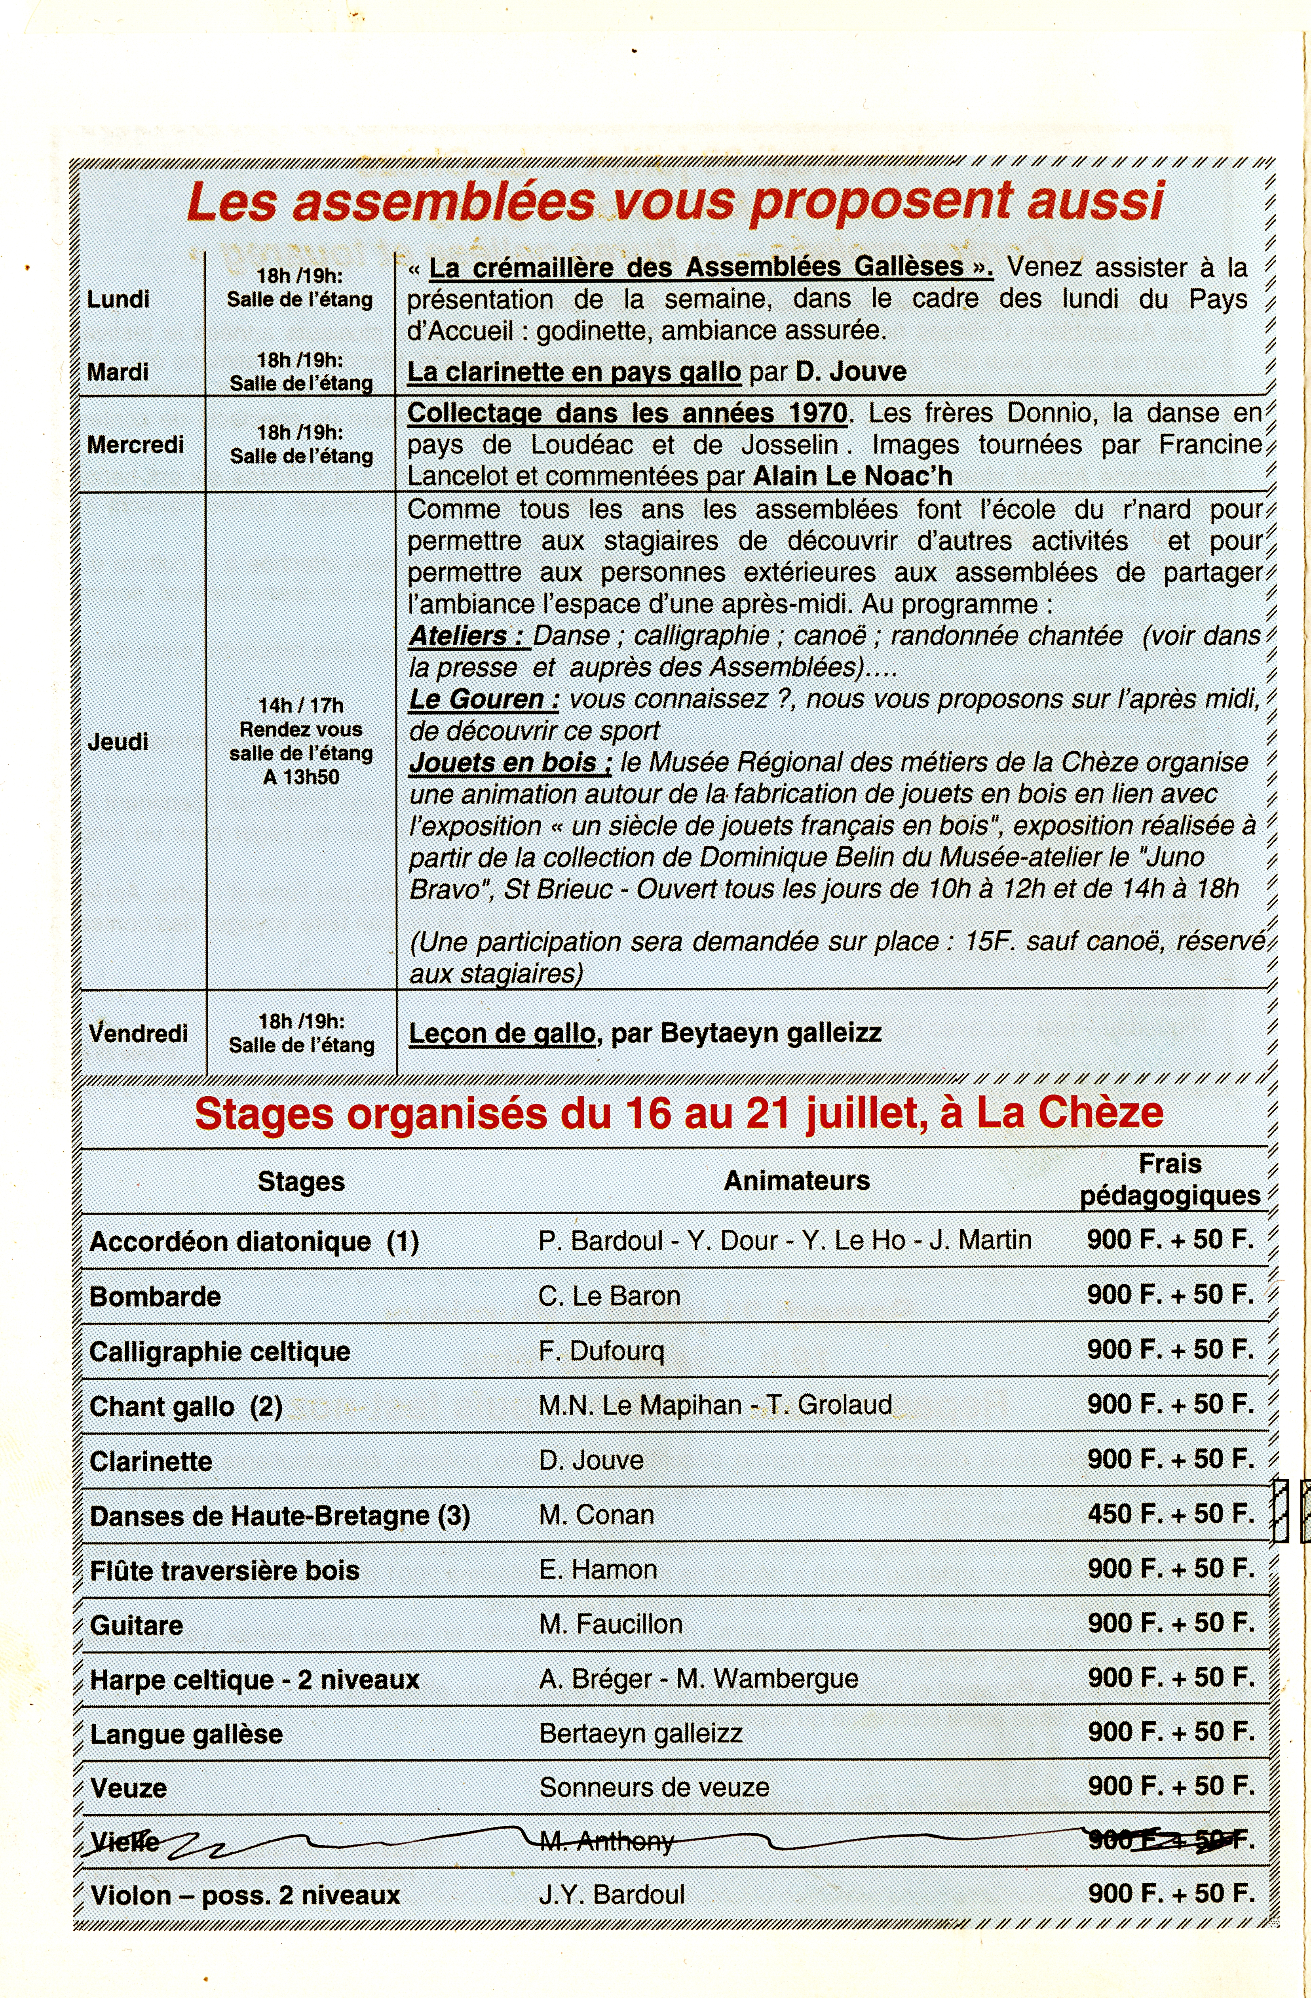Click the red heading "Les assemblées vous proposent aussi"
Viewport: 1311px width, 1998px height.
point(676,202)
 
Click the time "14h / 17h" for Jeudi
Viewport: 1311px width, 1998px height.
point(300,705)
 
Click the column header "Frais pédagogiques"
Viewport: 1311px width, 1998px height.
point(1170,1179)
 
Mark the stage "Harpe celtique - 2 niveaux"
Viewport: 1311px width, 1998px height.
point(254,1679)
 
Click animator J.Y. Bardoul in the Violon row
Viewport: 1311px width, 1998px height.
point(612,1894)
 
